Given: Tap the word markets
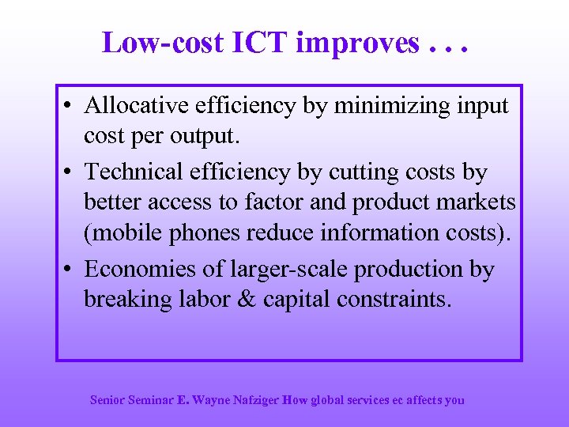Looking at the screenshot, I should point(474,202).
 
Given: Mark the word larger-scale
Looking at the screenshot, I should point(284,270).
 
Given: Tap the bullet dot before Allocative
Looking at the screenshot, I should point(70,107).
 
